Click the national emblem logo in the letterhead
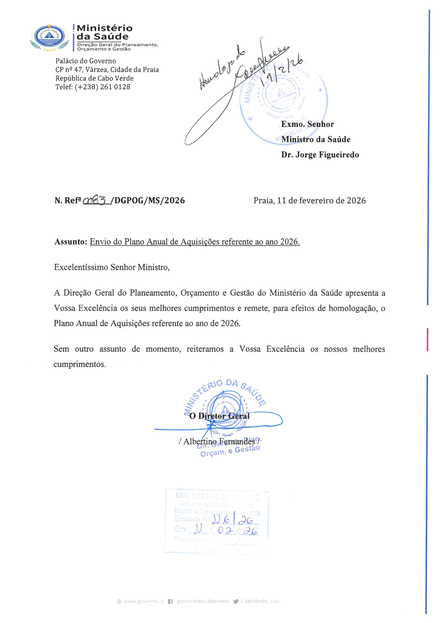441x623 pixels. (x=49, y=37)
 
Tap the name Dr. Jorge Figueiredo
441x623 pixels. (x=320, y=155)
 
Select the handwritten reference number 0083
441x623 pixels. (x=95, y=200)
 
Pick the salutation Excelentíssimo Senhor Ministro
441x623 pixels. (x=112, y=267)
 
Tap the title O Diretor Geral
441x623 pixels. (x=219, y=416)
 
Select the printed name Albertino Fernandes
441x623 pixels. (x=219, y=441)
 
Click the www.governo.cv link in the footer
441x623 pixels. (x=144, y=601)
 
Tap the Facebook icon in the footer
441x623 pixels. (x=170, y=601)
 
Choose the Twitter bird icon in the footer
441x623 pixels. (x=235, y=601)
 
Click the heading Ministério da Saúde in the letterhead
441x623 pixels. (x=104, y=32)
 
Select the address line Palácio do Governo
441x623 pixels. (x=86, y=61)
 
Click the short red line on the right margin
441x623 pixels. (x=427, y=339)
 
